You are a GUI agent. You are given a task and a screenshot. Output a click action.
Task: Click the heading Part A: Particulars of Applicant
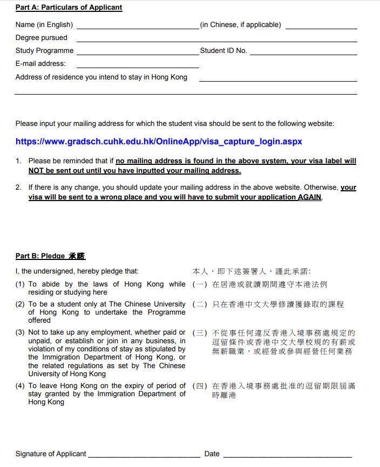69,8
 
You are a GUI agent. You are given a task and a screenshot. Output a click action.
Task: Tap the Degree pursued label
42,38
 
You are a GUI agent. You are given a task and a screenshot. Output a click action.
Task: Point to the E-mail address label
40,64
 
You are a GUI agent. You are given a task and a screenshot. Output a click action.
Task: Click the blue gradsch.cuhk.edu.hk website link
159,142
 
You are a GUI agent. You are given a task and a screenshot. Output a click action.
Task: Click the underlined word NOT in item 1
36,171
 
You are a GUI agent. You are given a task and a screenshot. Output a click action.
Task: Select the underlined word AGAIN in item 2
310,197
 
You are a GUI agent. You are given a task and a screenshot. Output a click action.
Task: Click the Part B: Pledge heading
50,256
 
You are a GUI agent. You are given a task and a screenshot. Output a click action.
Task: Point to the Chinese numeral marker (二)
200,304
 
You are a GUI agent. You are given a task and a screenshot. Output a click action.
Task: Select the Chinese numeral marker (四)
200,386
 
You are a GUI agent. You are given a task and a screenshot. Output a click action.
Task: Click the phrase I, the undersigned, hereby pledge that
77,271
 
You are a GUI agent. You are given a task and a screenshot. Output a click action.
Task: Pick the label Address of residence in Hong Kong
101,77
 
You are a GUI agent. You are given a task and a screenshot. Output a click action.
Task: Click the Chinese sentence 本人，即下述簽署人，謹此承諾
252,271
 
